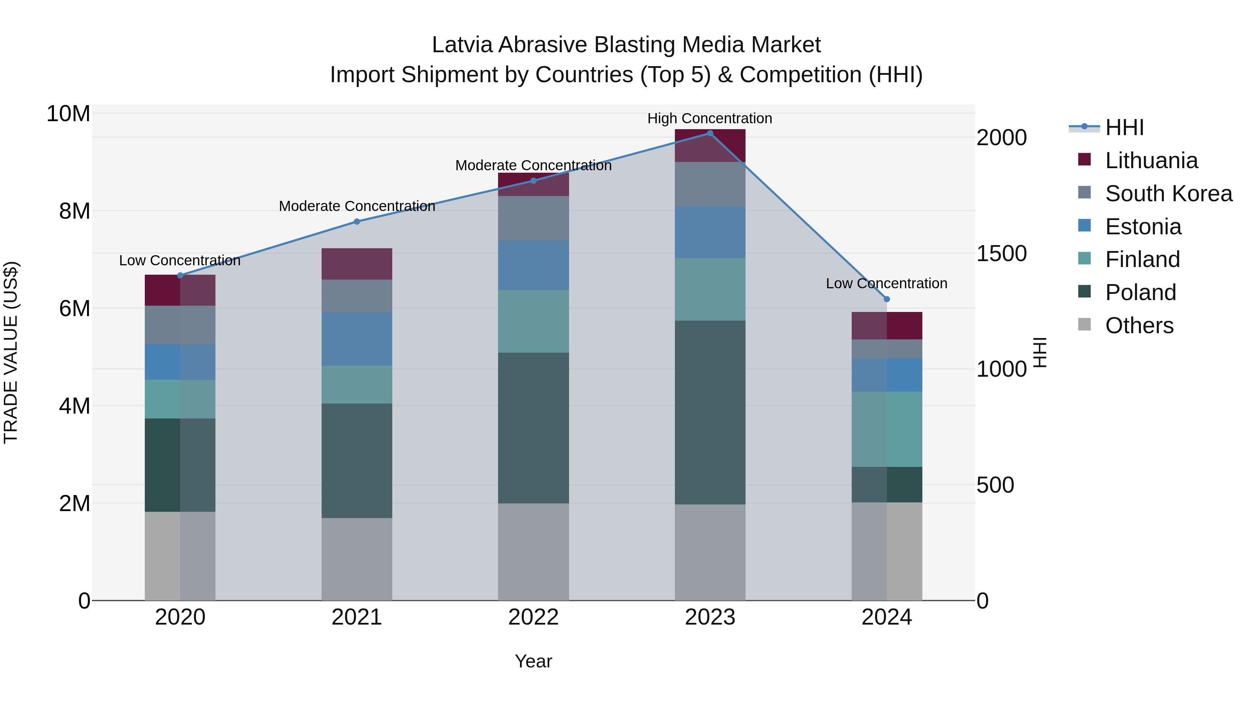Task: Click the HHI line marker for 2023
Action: pyautogui.click(x=710, y=133)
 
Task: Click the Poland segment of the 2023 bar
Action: pyautogui.click(x=710, y=412)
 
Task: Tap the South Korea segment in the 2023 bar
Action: pyautogui.click(x=710, y=184)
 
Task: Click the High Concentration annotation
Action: pyautogui.click(x=709, y=118)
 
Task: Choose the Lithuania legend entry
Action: pyautogui.click(x=1151, y=160)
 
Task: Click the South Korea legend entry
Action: pyautogui.click(x=1168, y=194)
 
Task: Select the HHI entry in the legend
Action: pyautogui.click(x=1124, y=127)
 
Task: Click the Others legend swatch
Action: pyautogui.click(x=1084, y=324)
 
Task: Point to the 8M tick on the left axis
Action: pyautogui.click(x=74, y=211)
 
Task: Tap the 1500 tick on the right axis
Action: pyautogui.click(x=1001, y=253)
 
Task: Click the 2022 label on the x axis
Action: pyautogui.click(x=533, y=617)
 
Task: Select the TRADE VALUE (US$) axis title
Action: pyautogui.click(x=11, y=352)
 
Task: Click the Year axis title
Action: pyautogui.click(x=533, y=661)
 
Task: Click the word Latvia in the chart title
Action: pyautogui.click(x=462, y=45)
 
